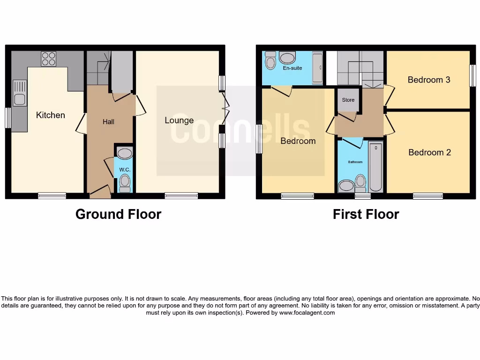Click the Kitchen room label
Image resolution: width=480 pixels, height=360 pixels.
click(51, 115)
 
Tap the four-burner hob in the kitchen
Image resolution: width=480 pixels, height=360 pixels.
click(48, 59)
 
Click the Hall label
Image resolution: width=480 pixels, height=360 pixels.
click(108, 121)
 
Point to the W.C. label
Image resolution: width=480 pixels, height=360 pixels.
click(124, 169)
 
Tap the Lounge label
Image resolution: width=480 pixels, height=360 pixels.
click(179, 120)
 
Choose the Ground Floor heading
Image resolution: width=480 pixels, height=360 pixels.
click(118, 214)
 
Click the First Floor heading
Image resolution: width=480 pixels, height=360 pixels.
click(366, 214)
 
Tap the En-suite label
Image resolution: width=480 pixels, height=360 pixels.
click(292, 68)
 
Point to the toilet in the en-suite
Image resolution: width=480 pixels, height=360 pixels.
click(270, 61)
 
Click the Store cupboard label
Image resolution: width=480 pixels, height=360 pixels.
click(348, 100)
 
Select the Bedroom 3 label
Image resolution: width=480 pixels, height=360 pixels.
click(429, 80)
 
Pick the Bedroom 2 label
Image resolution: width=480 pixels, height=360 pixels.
click(429, 152)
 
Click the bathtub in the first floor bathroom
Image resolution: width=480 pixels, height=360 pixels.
click(375, 166)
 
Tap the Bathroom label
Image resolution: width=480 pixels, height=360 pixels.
click(355, 162)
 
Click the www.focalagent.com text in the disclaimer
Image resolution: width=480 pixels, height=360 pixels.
click(307, 313)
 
